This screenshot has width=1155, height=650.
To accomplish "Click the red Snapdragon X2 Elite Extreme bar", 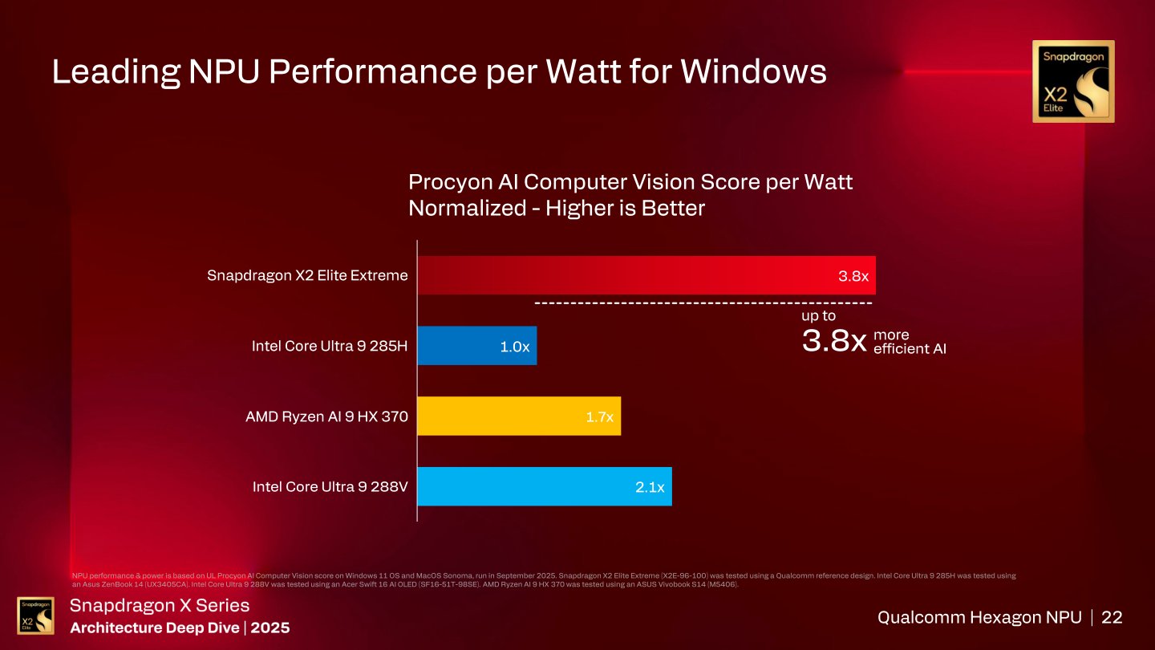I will [x=646, y=275].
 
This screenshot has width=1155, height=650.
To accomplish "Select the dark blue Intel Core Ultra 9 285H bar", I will [x=476, y=346].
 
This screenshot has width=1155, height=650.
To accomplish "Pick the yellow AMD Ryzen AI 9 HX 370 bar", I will [x=519, y=416].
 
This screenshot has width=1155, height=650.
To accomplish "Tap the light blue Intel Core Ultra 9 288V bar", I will [x=544, y=486].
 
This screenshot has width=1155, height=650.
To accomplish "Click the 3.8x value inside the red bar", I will [x=853, y=276].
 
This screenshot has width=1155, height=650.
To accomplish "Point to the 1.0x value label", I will [x=514, y=347].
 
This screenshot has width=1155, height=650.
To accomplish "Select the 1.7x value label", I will [x=598, y=416].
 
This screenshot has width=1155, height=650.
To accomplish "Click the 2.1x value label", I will [x=649, y=487].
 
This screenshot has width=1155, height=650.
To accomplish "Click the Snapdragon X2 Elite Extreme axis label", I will [x=307, y=275].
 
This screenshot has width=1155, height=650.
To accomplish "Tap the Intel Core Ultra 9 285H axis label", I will [x=330, y=346].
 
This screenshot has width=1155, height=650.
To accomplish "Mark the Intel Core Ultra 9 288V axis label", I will [x=330, y=486].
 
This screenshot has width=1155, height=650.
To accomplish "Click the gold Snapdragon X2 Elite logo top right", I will [x=1072, y=81].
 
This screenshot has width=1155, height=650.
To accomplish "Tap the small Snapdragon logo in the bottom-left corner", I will [x=35, y=615].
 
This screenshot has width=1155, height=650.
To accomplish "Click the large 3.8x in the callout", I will [x=834, y=342].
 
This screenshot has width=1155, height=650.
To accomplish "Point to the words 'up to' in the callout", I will [x=818, y=316].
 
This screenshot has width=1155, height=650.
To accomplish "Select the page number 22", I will [x=1112, y=617].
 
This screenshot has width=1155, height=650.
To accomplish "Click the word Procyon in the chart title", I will [x=451, y=183].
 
